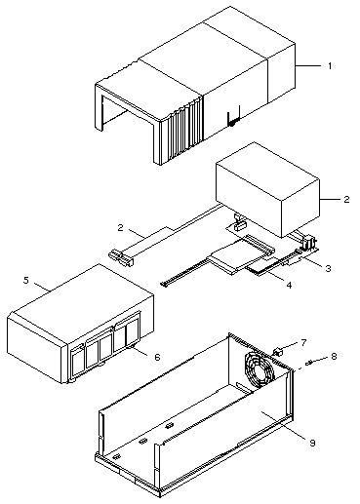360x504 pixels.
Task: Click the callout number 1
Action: coord(330,66)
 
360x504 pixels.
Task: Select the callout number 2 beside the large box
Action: coord(346,199)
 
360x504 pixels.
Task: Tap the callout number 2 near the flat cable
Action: coord(121,227)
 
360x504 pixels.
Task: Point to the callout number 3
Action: coord(328,268)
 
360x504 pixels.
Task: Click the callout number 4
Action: coord(289,285)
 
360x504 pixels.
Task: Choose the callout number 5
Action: coord(26,280)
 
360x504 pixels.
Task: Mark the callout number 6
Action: coord(157,357)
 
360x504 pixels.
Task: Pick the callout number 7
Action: coord(303,342)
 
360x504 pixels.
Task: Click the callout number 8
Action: coord(334,356)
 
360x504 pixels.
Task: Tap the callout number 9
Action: coord(312,443)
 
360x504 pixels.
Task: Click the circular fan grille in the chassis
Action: coord(260,369)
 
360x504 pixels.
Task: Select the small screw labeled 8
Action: coord(309,362)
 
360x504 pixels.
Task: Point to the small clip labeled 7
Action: coord(277,352)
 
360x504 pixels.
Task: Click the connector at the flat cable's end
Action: coord(121,257)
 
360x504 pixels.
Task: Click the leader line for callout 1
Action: coord(308,66)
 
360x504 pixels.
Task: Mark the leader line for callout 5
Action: coord(42,287)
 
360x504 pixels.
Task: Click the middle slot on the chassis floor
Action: coord(142,441)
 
